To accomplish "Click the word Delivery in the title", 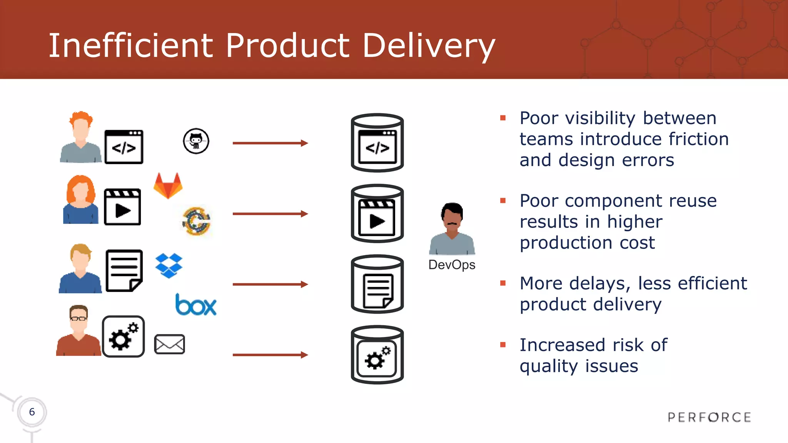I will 428,46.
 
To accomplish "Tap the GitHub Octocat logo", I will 196,141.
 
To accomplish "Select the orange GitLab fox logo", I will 168,186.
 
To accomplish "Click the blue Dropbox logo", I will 169,265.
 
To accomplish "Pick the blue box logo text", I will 196,305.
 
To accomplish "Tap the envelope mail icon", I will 169,344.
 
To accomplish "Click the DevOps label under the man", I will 452,265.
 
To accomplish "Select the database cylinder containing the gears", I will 377,355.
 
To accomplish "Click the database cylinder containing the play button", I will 377,214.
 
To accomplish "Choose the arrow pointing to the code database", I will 270,143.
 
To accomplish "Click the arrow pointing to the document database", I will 270,284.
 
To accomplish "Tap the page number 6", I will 32,412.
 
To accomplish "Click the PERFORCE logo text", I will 709,417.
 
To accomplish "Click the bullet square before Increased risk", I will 503,345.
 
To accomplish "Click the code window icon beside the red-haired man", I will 124,147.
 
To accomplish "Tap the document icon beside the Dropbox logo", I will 124,271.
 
